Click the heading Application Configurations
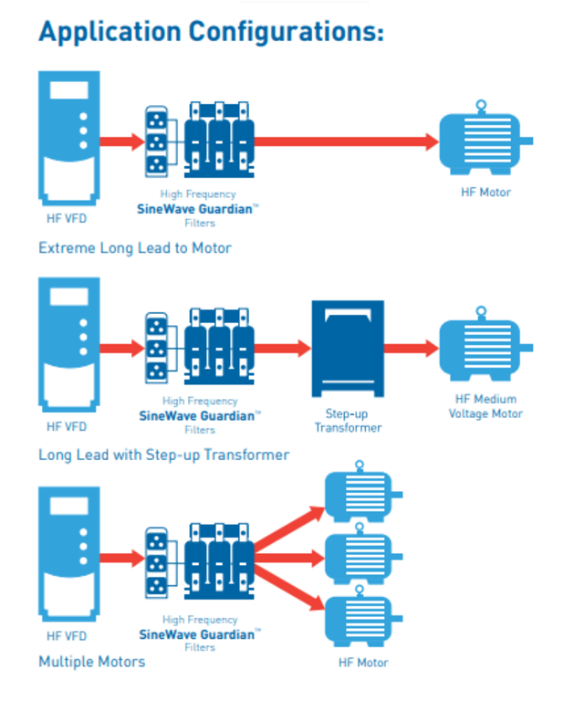211,31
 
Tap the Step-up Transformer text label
348,420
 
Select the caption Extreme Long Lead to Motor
135,247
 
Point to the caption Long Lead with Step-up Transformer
163,455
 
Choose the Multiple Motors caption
91,661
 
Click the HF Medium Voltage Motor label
485,406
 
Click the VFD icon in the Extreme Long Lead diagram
68,137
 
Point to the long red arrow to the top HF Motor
347,141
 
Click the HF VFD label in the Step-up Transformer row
68,426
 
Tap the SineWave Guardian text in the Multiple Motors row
196,633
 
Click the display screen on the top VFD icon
68,90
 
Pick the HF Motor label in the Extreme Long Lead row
485,193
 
